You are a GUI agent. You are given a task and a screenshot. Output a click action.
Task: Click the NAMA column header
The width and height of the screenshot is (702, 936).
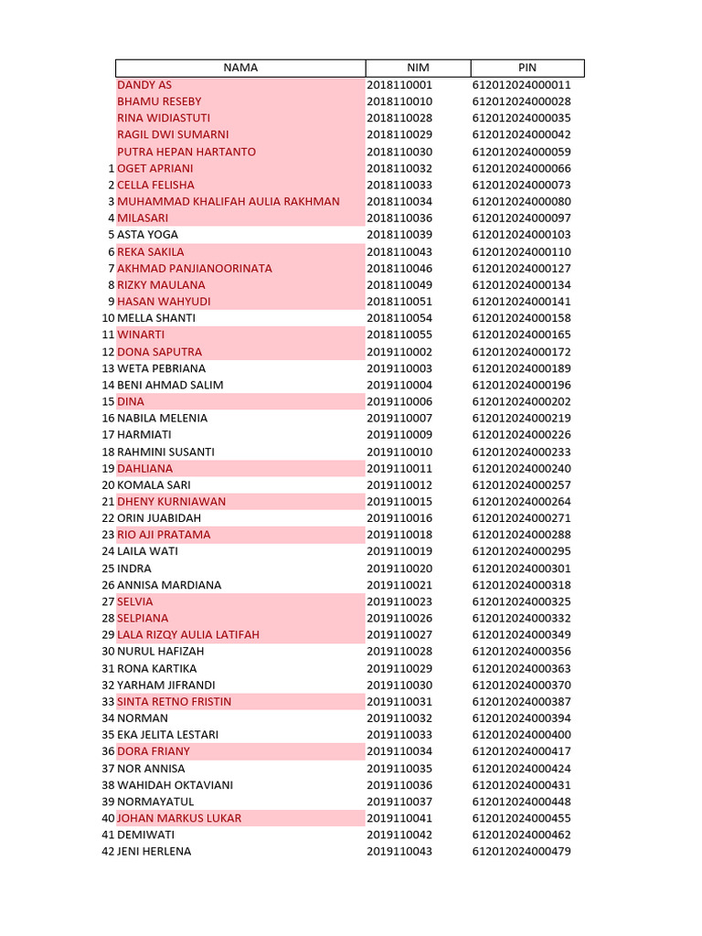(x=240, y=68)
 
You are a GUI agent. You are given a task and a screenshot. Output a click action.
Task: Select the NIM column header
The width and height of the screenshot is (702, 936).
(x=418, y=68)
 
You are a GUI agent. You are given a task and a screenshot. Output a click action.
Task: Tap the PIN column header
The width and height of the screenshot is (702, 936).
(x=526, y=68)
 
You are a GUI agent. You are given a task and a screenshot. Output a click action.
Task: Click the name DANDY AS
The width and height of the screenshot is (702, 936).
(x=144, y=85)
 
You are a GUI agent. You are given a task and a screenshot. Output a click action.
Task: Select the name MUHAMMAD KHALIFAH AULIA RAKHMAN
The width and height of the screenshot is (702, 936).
(x=229, y=201)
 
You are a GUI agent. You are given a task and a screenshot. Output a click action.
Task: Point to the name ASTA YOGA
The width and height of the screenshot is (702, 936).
(x=148, y=235)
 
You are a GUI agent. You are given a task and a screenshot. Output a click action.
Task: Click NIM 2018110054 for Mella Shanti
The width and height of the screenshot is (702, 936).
(x=399, y=318)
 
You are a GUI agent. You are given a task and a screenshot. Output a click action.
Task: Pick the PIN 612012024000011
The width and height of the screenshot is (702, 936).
(x=521, y=85)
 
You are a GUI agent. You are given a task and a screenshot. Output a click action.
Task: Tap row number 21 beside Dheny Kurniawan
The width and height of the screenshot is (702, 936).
(x=108, y=502)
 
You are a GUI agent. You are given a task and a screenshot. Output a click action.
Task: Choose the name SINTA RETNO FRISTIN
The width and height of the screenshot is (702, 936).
(x=175, y=702)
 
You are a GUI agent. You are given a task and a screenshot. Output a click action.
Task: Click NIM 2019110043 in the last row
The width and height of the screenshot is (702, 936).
(x=399, y=852)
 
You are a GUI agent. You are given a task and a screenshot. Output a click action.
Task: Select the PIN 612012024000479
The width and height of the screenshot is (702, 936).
(x=521, y=852)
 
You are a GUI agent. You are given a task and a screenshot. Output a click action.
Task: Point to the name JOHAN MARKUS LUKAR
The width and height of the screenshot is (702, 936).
(x=179, y=818)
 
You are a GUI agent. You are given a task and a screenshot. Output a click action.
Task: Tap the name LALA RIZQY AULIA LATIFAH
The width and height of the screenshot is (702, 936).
(x=188, y=635)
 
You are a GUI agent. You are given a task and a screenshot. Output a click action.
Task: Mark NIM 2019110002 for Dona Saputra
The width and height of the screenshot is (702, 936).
(x=399, y=352)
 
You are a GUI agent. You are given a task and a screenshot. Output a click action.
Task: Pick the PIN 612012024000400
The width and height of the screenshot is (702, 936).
(x=521, y=735)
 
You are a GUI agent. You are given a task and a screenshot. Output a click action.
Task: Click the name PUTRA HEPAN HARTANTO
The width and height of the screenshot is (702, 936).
(x=186, y=152)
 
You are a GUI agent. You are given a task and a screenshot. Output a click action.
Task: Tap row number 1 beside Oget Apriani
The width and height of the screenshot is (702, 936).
(x=112, y=168)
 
